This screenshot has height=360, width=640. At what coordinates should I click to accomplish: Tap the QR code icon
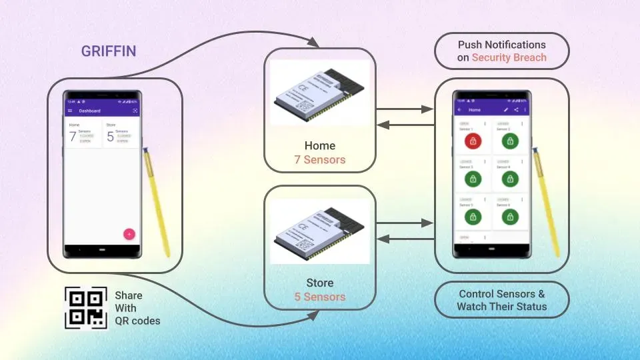point(86,308)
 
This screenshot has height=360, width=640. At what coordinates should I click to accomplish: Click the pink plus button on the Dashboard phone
point(129,234)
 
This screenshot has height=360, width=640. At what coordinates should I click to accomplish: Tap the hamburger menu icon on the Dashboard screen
point(70,111)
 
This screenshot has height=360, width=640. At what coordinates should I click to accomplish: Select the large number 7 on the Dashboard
point(73,137)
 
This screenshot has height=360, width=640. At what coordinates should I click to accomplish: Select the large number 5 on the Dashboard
point(110,137)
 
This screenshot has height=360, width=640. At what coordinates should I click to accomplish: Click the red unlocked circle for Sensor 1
point(473,141)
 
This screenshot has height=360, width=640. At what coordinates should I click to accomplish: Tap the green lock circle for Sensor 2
point(510,141)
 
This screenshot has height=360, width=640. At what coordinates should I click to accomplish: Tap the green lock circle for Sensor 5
point(473,217)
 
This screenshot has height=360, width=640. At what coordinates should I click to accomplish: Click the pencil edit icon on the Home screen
point(506,109)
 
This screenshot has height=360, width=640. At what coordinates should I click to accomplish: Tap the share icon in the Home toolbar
point(516,109)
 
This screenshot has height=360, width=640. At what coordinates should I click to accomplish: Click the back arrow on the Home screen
point(459,109)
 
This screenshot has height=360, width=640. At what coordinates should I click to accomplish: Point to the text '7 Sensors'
point(320,160)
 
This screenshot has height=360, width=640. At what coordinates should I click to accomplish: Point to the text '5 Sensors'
point(320,297)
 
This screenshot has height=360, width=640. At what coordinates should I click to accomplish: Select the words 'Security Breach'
point(509,57)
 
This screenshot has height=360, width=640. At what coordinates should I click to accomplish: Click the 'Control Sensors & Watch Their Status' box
point(501,300)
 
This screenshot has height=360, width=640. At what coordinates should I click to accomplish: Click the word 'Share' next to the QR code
point(129,295)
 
